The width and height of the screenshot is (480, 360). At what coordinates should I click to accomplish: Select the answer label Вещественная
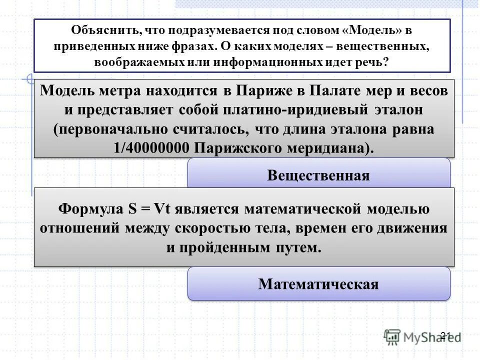pyautogui.click(x=318, y=175)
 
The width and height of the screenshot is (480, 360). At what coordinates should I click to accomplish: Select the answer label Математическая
pyautogui.click(x=318, y=284)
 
